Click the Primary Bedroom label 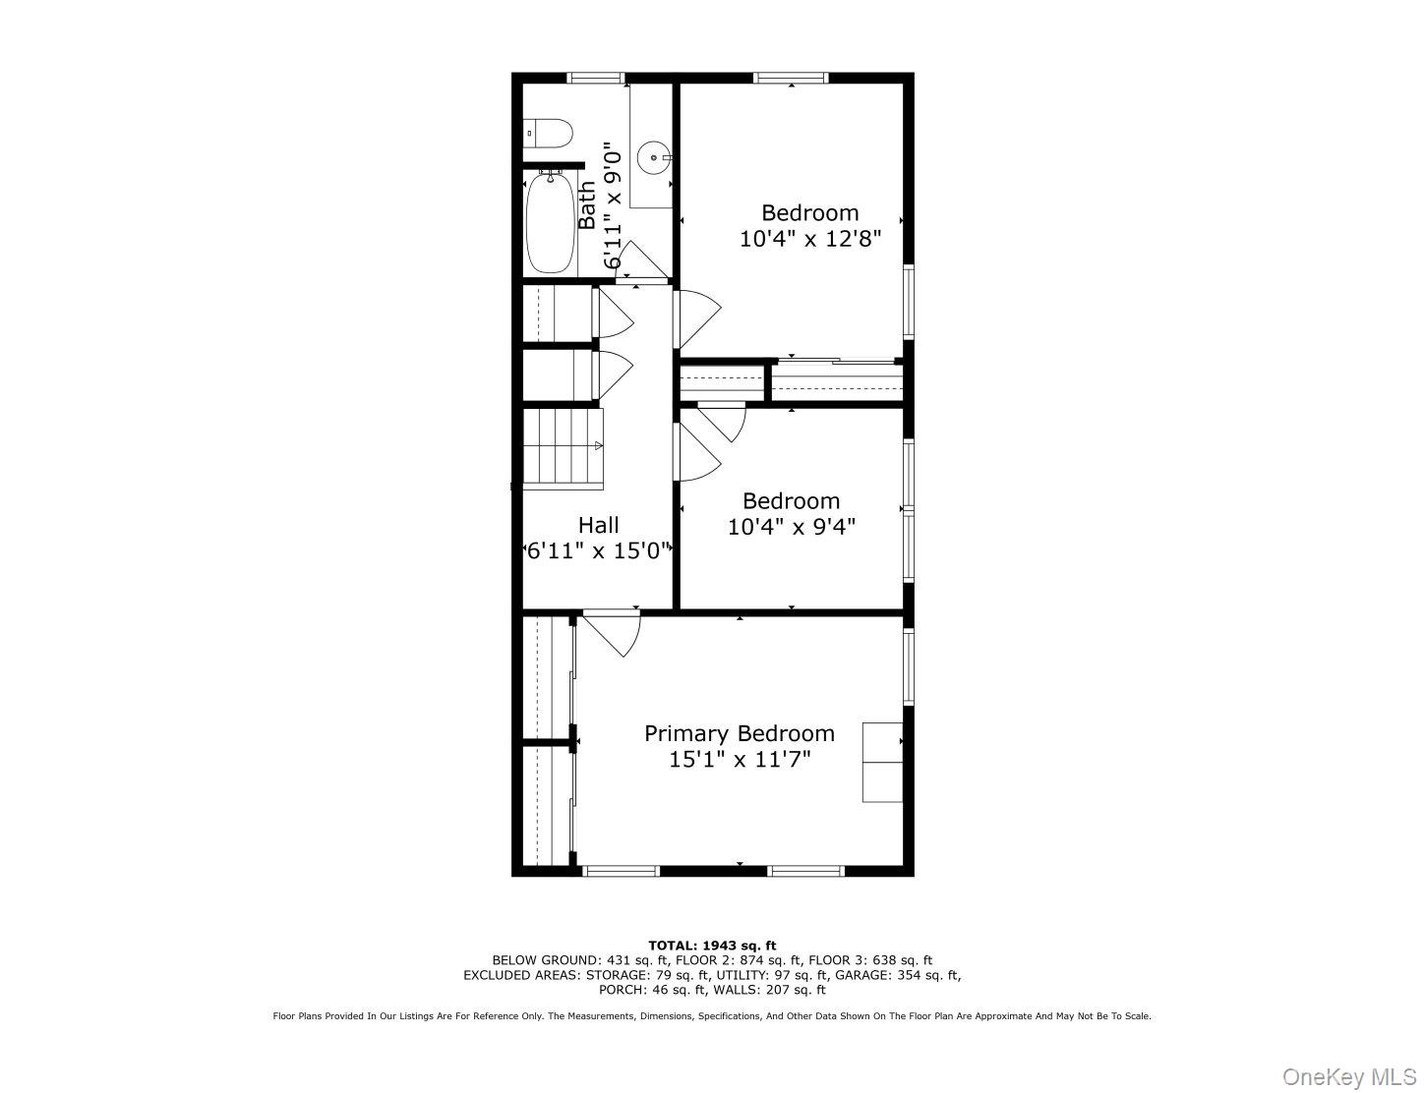[739, 733]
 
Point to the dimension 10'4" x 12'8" [809, 238]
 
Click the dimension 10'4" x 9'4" [791, 526]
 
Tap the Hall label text [598, 525]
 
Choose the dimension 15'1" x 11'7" [739, 759]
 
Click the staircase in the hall [562, 447]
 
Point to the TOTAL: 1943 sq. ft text [711, 946]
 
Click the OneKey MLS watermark [1349, 1077]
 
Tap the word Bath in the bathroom [587, 204]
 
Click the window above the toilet [596, 78]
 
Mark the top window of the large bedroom [791, 78]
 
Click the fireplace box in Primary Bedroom [882, 762]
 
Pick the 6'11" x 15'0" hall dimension [598, 550]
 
